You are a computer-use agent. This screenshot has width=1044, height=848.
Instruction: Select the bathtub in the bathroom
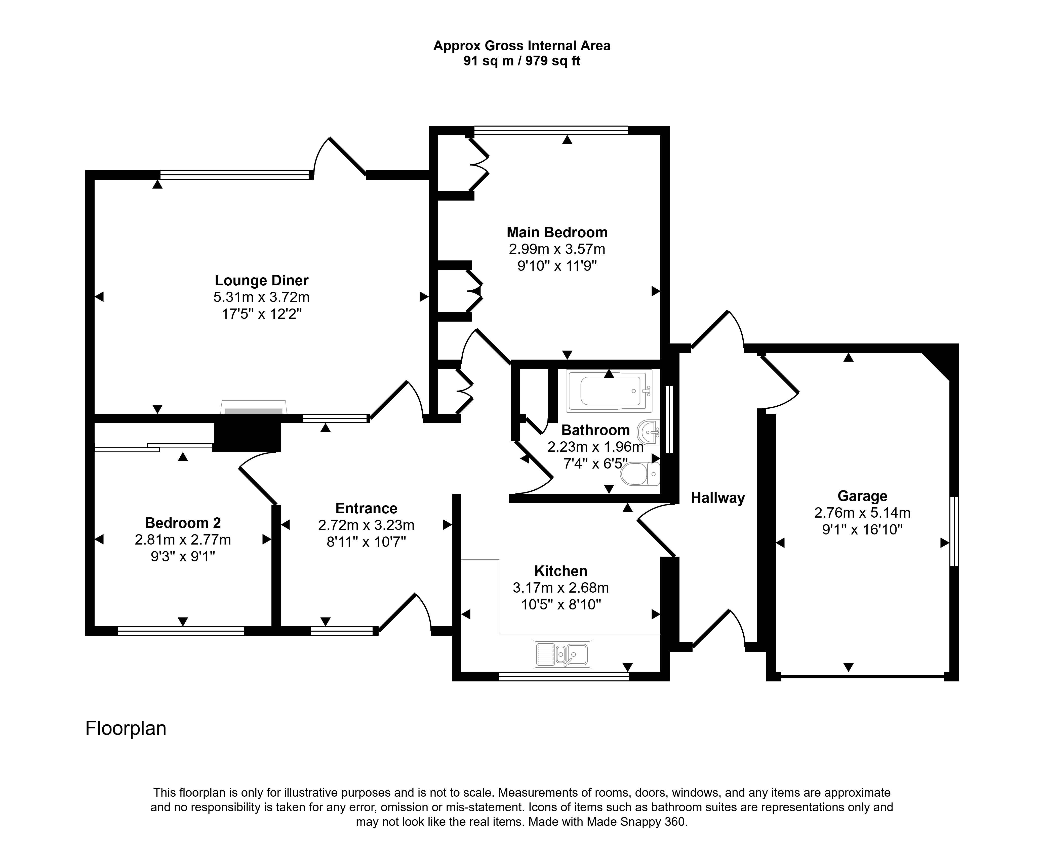[609, 391]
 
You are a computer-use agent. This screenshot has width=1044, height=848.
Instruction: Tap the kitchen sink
[562, 654]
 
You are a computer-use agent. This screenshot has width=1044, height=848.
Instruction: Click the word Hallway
[718, 498]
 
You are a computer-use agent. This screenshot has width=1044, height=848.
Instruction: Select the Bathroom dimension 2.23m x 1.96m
[595, 446]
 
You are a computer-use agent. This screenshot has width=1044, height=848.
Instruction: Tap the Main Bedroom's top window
[551, 130]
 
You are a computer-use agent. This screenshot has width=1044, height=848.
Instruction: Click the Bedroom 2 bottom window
[181, 631]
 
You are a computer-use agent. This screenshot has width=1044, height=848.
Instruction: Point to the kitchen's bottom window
[564, 677]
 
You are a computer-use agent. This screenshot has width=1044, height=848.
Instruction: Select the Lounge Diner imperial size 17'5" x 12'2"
[262, 314]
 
